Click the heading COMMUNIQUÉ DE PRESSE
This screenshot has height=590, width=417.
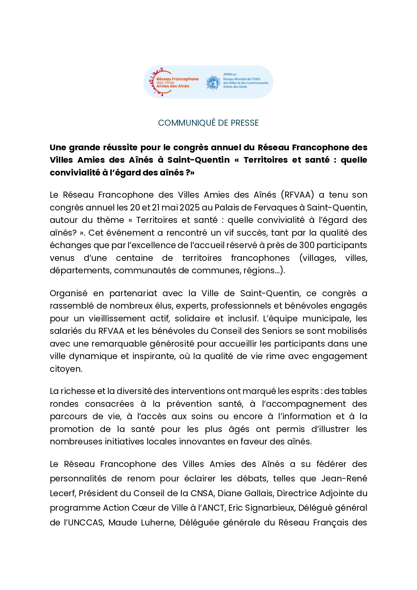click(x=208, y=123)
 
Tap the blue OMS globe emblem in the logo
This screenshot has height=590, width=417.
click(x=213, y=83)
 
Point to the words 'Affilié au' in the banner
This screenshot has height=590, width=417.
click(x=230, y=74)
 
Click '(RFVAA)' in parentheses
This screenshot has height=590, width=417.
click(x=297, y=195)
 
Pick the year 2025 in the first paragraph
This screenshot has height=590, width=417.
click(x=190, y=208)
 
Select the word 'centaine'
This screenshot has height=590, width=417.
click(x=134, y=258)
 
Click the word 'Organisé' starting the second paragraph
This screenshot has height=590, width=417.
click(x=69, y=293)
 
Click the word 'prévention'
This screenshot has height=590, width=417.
click(x=189, y=404)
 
